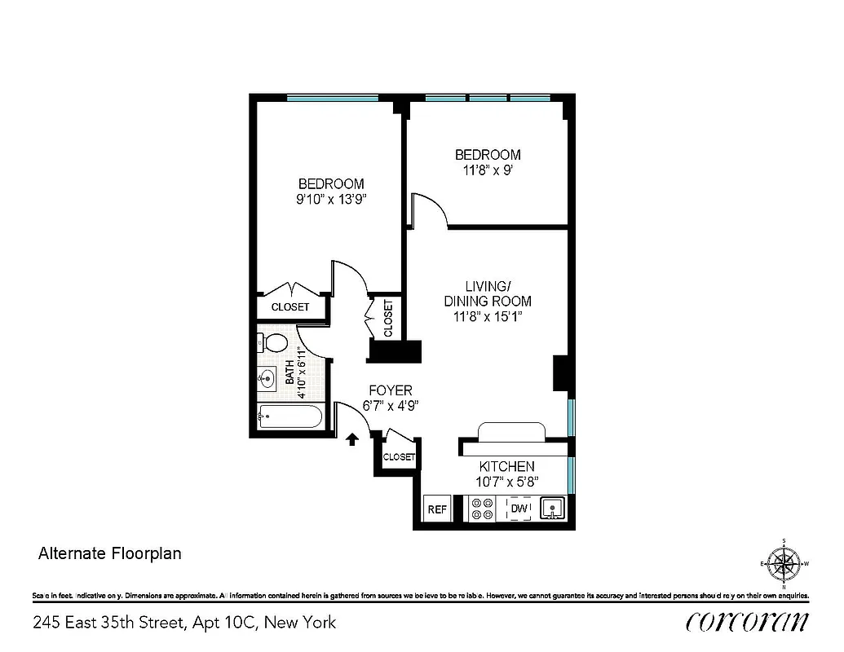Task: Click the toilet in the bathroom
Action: [x=276, y=342]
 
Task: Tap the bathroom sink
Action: [x=268, y=378]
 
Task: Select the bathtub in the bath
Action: [x=289, y=417]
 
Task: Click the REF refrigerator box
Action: [x=437, y=509]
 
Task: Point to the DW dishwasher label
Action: [x=519, y=509]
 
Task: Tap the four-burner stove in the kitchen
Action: [x=482, y=509]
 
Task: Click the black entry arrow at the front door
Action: [x=352, y=439]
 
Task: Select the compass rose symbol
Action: [x=784, y=563]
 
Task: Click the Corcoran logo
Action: [x=748, y=622]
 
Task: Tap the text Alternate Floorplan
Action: [x=110, y=553]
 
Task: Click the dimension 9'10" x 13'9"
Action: [x=330, y=199]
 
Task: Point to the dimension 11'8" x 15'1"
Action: [x=488, y=316]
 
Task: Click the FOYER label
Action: [x=390, y=391]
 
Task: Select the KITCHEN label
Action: [x=506, y=467]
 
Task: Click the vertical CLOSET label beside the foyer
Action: [x=387, y=318]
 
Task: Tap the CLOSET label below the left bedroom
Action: [x=290, y=307]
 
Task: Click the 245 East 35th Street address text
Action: [x=184, y=623]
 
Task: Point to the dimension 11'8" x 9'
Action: [x=488, y=170]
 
